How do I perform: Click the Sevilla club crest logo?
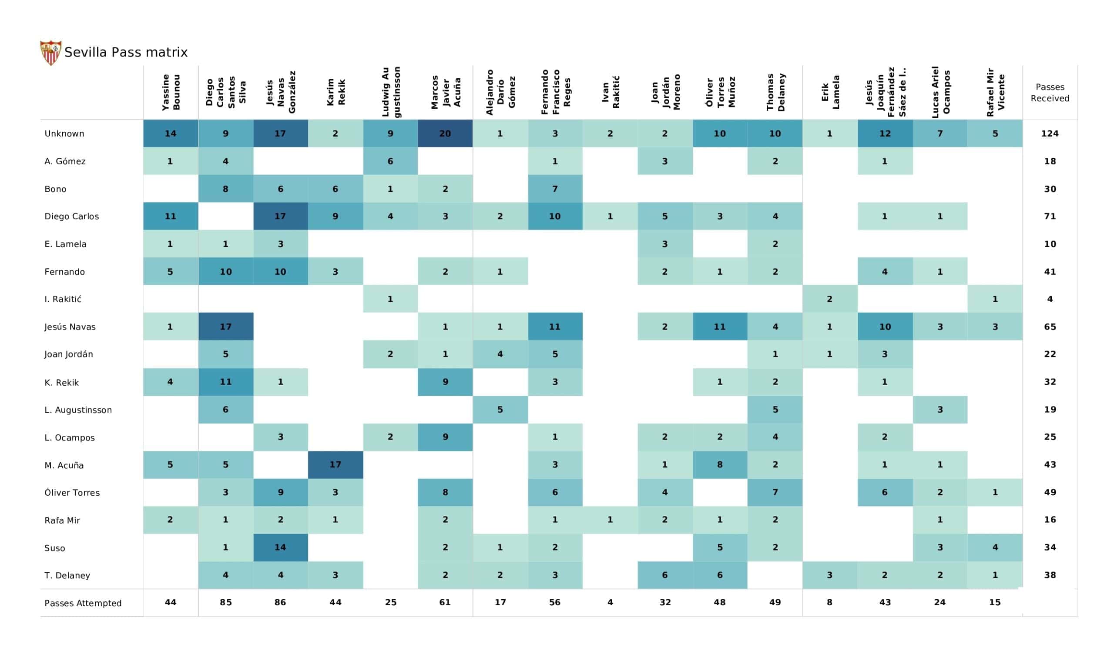[50, 53]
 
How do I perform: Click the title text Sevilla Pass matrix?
[126, 53]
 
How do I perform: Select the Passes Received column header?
[1050, 93]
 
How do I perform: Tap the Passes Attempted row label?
[83, 603]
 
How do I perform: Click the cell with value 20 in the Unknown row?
[445, 133]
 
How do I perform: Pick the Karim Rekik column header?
[336, 92]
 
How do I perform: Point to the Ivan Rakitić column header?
[610, 92]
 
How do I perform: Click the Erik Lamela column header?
[830, 92]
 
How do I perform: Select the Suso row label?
[55, 548]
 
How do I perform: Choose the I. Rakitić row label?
[63, 299]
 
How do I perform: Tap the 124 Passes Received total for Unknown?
[1050, 133]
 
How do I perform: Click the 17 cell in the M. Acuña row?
[335, 464]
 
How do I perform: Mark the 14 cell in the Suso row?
[280, 547]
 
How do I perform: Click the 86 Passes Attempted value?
[280, 602]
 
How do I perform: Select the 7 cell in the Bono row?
[555, 189]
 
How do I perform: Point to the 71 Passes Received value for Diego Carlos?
[1050, 216]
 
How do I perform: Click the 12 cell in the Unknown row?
[885, 133]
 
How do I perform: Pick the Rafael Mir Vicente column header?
[995, 92]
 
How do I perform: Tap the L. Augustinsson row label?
[78, 410]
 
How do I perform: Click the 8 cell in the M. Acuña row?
[720, 464]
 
